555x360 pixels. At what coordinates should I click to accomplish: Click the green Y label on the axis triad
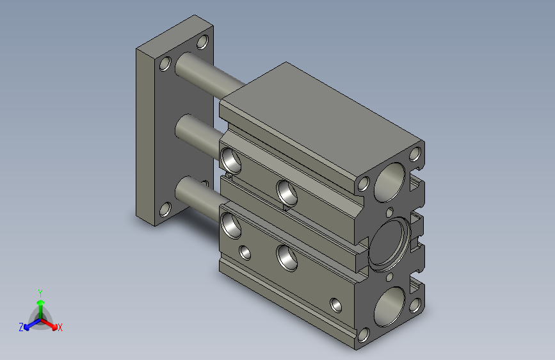click(x=40, y=293)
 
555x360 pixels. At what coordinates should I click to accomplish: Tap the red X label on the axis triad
click(x=60, y=327)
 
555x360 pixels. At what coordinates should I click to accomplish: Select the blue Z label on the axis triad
click(x=21, y=327)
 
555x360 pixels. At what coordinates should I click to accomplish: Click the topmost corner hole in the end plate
click(x=202, y=42)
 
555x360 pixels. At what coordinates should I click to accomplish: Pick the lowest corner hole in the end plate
click(x=165, y=209)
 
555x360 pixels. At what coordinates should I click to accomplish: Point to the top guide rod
click(x=209, y=76)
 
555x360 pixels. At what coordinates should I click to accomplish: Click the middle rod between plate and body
click(x=199, y=135)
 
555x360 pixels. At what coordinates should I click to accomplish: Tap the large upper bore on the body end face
click(x=390, y=183)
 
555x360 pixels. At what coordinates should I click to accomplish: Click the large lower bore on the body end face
click(x=390, y=306)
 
